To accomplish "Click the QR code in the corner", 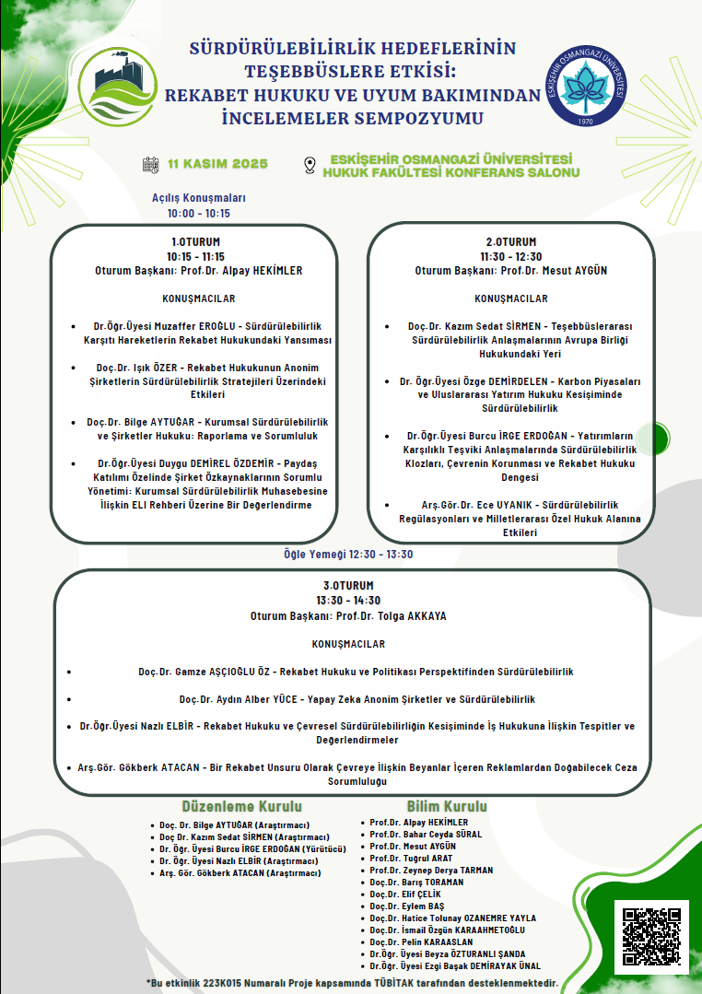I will coord(651,937).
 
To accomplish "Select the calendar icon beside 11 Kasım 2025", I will coord(151,165).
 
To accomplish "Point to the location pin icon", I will coord(310,166).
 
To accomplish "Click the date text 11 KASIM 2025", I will coord(217,165).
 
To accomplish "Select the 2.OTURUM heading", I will coord(511,242).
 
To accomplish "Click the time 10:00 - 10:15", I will coord(199,213).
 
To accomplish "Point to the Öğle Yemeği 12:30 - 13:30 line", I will coord(348,554).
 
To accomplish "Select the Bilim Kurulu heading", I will coord(447,806).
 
